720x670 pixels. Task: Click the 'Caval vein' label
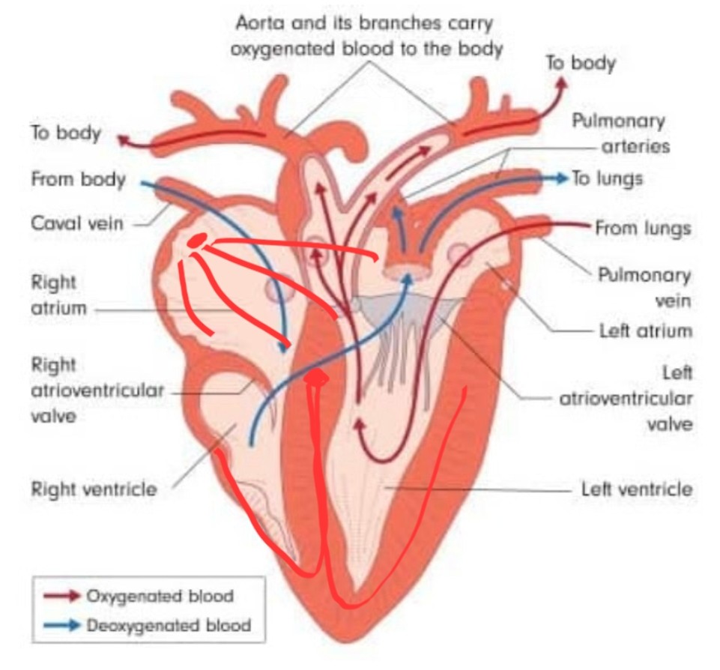(77, 223)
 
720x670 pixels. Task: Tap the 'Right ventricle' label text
(94, 489)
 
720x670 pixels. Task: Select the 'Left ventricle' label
(637, 489)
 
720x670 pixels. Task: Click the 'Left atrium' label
(646, 331)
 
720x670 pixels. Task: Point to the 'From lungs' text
(643, 228)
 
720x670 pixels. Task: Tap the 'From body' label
(78, 181)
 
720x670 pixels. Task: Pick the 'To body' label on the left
(65, 133)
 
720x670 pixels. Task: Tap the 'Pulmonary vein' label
(644, 287)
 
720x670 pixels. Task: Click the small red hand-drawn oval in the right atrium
(196, 240)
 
